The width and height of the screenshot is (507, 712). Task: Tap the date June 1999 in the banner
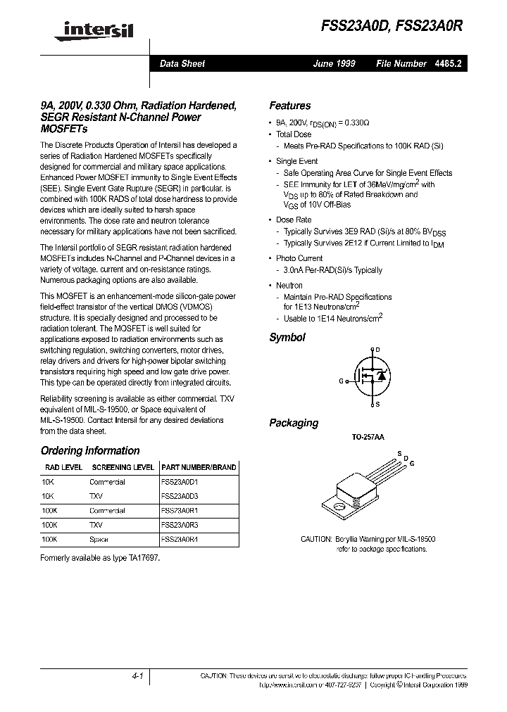point(334,63)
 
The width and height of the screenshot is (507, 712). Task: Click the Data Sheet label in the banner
point(182,63)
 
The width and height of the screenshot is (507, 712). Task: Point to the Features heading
point(289,106)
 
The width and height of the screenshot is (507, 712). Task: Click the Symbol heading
point(287,338)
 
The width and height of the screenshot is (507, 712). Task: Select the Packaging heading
point(294,423)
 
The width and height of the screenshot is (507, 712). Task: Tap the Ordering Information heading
point(90,450)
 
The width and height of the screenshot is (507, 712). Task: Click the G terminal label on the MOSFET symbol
point(341,381)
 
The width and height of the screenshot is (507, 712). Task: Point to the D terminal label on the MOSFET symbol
point(377,350)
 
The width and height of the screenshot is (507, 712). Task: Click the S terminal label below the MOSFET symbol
point(377,404)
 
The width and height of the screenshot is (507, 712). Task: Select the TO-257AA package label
point(368,437)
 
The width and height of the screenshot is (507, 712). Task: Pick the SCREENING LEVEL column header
point(123,467)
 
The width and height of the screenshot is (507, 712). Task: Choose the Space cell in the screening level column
point(99,539)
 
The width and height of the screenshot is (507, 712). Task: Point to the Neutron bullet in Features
point(289,285)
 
